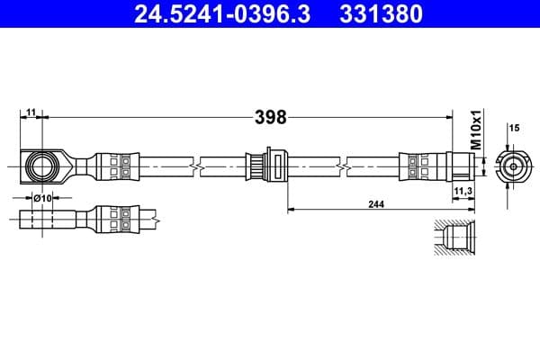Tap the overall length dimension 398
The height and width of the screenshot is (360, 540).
click(269, 117)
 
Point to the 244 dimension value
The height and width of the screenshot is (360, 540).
click(376, 204)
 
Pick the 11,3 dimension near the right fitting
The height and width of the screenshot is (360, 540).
click(463, 191)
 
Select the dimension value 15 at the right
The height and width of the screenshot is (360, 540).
click(515, 129)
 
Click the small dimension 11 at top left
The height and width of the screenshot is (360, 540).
click(31, 111)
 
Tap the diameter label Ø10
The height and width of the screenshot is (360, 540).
click(41, 197)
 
